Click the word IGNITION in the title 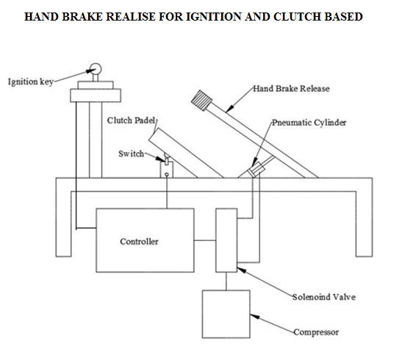pyautogui.click(x=214, y=16)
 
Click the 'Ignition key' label pyautogui.click(x=31, y=82)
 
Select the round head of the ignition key pyautogui.click(x=96, y=69)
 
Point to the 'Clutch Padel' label pyautogui.click(x=131, y=120)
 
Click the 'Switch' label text pyautogui.click(x=131, y=154)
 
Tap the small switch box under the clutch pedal pyautogui.click(x=167, y=170)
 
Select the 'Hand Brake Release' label pyautogui.click(x=291, y=88)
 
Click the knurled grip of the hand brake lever pyautogui.click(x=201, y=100)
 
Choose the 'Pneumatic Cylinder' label pyautogui.click(x=309, y=123)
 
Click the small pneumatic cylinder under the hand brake pyautogui.click(x=257, y=169)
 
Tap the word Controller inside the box pyautogui.click(x=140, y=242)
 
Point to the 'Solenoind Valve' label pyautogui.click(x=324, y=297)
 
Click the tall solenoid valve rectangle pyautogui.click(x=226, y=240)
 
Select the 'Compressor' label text pyautogui.click(x=316, y=332)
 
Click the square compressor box pyautogui.click(x=226, y=314)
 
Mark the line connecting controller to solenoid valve pyautogui.click(x=205, y=240)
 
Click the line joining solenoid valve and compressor pyautogui.click(x=226, y=281)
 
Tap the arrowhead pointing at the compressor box pyautogui.click(x=255, y=317)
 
